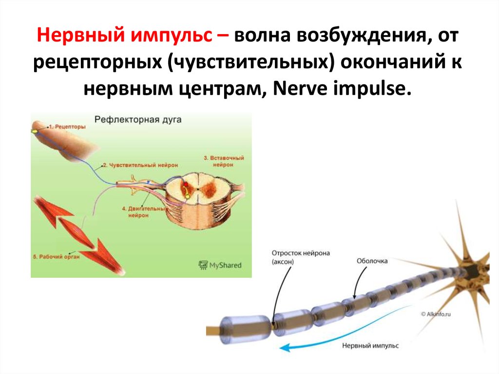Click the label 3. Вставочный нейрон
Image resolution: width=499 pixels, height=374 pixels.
pyautogui.click(x=224, y=161)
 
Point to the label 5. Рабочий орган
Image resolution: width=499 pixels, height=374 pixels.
pyautogui.click(x=55, y=256)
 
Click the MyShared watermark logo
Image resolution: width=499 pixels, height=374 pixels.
pyautogui.click(x=220, y=265)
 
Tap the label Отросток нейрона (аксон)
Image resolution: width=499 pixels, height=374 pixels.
pyautogui.click(x=302, y=257)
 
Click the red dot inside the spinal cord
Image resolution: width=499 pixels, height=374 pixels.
pyautogui.click(x=185, y=184)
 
